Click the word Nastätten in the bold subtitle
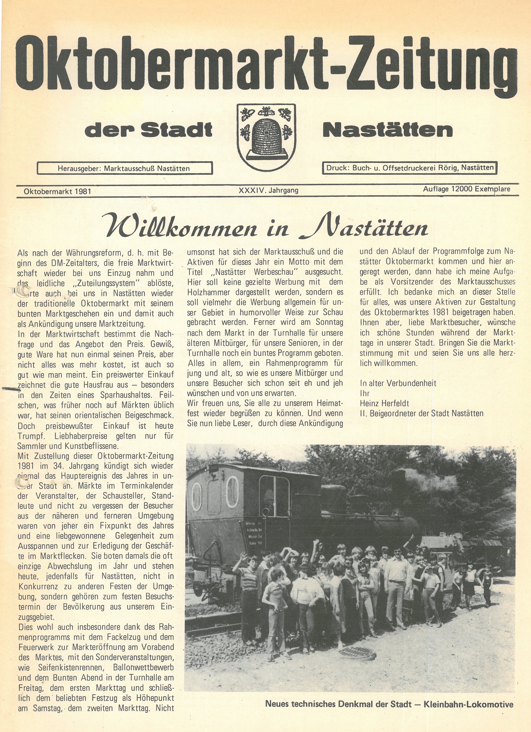387,130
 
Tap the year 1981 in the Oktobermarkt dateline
83,191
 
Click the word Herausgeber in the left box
79,168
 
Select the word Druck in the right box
337,167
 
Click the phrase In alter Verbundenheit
398,383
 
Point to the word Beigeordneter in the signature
393,414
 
